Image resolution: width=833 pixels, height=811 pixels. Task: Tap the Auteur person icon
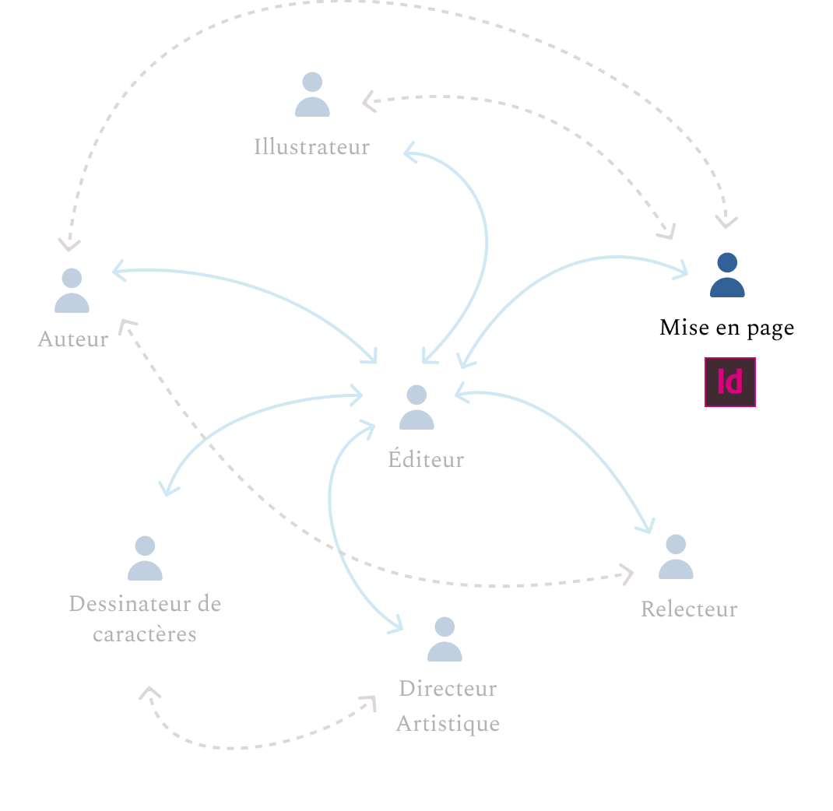72,291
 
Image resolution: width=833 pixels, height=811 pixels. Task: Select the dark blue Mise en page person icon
727,276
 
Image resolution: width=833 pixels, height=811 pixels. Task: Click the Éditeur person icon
416,408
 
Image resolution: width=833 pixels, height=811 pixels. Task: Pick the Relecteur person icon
676,557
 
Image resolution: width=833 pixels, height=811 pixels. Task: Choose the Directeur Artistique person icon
445,640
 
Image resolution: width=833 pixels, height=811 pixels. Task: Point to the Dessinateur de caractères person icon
145,559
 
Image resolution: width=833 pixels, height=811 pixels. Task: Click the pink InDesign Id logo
730,382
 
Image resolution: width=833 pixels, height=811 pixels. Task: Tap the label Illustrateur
311,146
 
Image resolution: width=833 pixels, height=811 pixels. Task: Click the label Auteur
72,339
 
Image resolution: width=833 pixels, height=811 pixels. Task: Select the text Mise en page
726,328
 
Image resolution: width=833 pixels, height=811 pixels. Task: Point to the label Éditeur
426,459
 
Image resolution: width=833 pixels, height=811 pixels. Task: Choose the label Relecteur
689,609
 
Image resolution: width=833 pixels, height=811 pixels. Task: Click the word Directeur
448,689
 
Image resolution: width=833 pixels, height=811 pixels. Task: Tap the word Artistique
448,724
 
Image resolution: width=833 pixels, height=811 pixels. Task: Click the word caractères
145,634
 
